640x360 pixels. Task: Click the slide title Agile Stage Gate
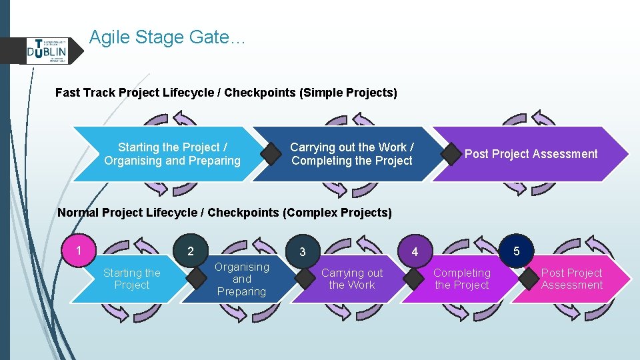(167, 37)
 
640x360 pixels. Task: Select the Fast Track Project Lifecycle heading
(226, 93)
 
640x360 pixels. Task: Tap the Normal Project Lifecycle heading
(225, 213)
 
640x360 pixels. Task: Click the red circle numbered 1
(79, 251)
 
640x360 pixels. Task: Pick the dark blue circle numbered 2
(191, 251)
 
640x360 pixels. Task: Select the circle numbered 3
(303, 252)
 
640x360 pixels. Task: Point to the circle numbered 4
(415, 252)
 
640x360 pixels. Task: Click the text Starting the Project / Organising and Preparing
(172, 154)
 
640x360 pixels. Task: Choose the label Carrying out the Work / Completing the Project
(351, 154)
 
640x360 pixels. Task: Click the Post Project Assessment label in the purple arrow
(531, 154)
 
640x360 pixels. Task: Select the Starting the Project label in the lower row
(131, 279)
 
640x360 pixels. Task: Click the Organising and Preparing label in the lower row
(241, 279)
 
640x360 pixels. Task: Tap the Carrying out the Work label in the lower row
(352, 279)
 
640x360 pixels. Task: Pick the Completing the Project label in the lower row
(462, 279)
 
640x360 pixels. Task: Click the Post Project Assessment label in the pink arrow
(571, 279)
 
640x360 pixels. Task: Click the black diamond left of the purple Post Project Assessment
(451, 155)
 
